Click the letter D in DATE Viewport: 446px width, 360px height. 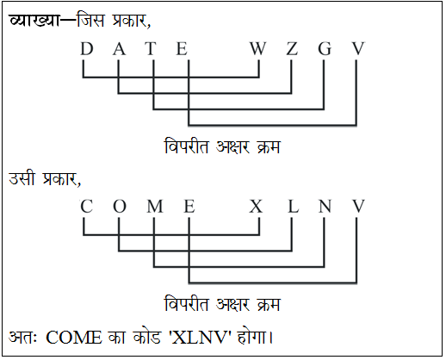point(87,48)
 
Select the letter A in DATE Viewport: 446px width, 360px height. point(119,48)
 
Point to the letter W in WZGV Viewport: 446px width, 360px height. point(257,48)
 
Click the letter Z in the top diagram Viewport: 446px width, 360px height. point(292,48)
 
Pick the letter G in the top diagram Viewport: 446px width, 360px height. point(325,48)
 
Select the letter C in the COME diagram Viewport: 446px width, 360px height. point(86,206)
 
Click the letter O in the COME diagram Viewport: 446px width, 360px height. point(120,206)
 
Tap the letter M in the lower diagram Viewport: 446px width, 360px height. point(155,206)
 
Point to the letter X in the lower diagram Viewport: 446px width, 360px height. point(256,206)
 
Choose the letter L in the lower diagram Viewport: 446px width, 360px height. point(294,206)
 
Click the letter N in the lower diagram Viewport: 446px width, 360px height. point(325,206)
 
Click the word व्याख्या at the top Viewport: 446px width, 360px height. point(34,20)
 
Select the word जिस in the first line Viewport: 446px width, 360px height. point(90,20)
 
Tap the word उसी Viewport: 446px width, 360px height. point(22,178)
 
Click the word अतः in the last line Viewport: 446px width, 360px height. point(23,337)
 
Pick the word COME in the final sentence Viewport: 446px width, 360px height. point(74,338)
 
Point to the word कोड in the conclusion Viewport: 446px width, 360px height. point(146,337)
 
